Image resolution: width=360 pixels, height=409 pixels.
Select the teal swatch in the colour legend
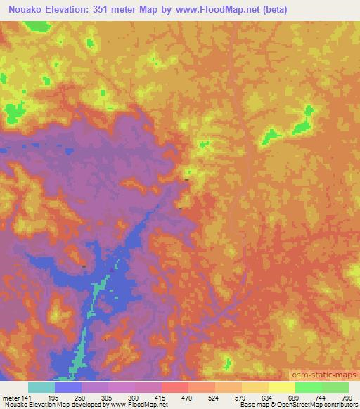point(41,387)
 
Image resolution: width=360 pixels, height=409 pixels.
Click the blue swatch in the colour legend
point(67,387)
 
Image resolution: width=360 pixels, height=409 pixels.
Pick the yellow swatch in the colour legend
point(281,387)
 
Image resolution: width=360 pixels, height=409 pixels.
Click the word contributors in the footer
point(342,404)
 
